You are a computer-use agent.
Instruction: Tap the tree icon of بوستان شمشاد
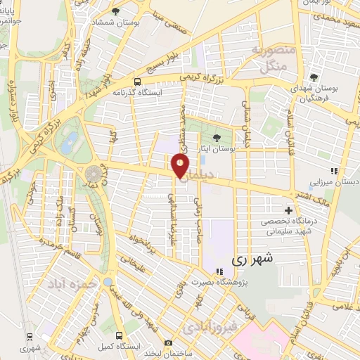(115, 11)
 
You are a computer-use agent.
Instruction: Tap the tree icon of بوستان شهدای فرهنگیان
(314, 76)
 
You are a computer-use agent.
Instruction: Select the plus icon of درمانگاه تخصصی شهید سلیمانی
(288, 210)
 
